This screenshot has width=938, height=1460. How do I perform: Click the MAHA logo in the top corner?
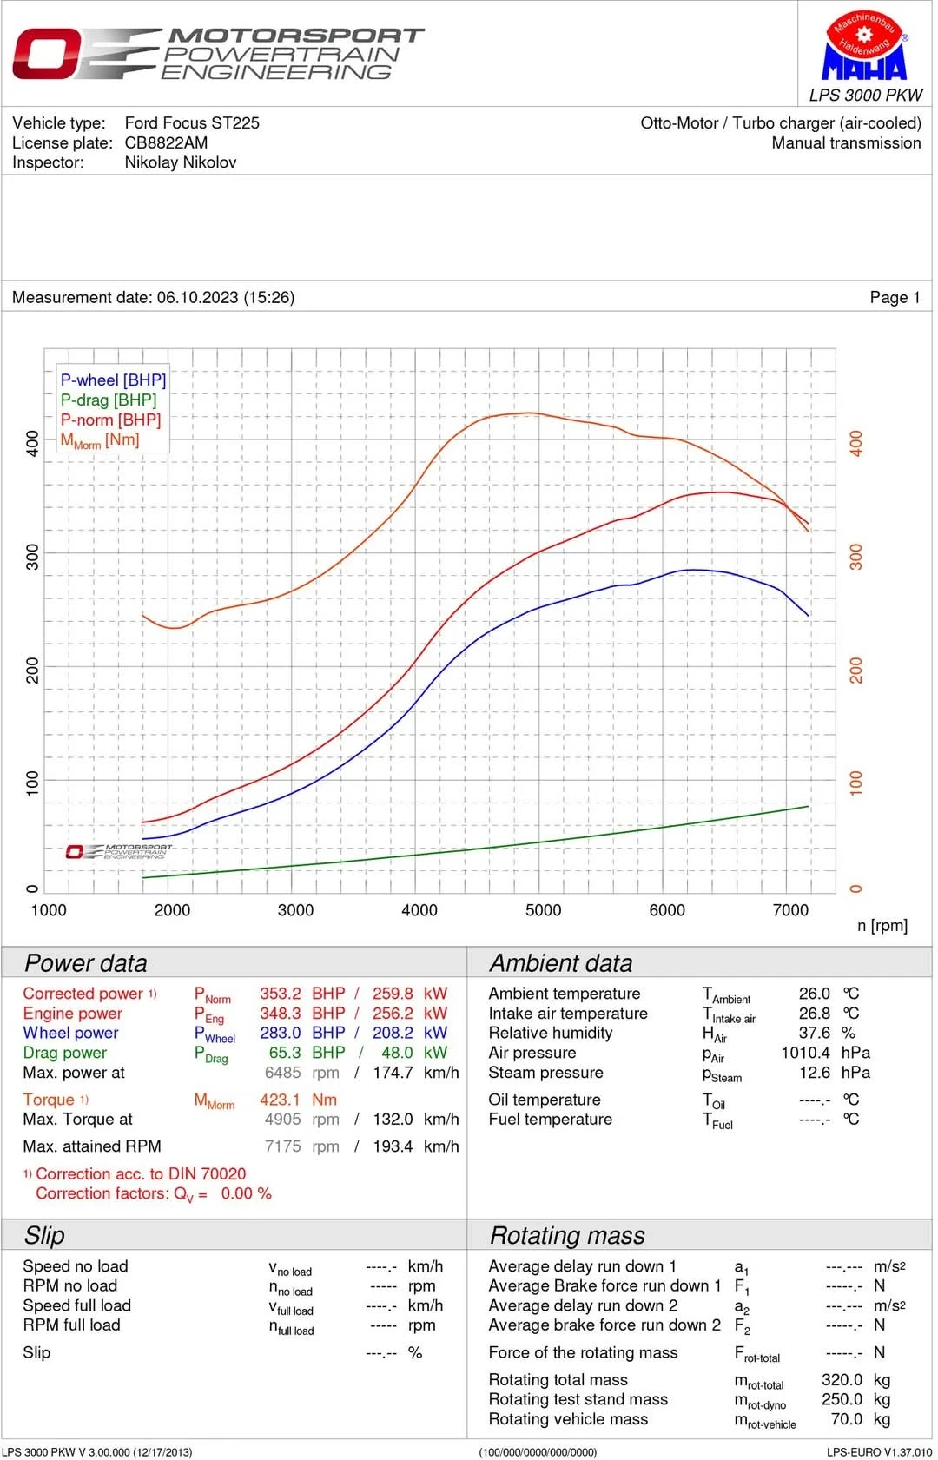864,47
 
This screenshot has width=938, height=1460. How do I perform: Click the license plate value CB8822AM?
166,142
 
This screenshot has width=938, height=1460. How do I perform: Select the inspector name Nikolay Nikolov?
180,162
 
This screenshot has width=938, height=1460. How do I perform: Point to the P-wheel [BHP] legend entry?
113,380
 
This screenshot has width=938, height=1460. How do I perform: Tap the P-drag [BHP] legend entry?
109,400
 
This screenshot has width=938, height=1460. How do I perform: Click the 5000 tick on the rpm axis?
543,910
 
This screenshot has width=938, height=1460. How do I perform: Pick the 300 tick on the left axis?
33,557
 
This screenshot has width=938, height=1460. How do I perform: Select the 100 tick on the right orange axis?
856,783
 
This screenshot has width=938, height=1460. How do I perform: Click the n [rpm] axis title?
882,926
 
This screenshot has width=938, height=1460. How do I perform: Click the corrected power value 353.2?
280,994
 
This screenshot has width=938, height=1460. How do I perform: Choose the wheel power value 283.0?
280,1034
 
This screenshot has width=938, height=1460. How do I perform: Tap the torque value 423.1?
280,1100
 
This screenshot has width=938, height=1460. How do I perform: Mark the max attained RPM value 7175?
282,1146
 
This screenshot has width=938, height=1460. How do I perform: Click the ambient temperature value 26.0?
814,994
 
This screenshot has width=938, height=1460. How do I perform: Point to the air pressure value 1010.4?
805,1053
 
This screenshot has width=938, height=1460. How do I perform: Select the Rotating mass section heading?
567,1236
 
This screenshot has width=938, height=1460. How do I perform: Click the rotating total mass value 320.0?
842,1380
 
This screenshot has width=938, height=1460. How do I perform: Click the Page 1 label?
895,298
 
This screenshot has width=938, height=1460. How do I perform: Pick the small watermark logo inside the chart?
119,852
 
